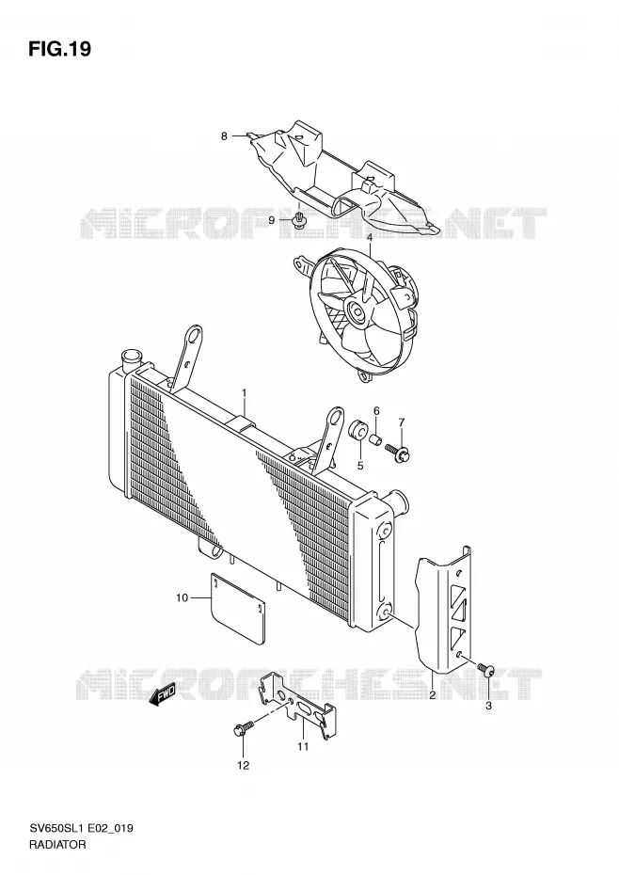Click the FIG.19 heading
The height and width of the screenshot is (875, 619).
(59, 50)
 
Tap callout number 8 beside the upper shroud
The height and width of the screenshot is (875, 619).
(224, 135)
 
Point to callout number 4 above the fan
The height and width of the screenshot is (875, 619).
(369, 238)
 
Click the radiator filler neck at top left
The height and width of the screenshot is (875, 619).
(133, 358)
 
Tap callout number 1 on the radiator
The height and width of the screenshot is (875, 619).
(244, 394)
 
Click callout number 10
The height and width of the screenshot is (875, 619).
(182, 598)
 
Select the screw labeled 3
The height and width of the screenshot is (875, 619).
(485, 669)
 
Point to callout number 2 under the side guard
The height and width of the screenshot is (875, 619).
(432, 695)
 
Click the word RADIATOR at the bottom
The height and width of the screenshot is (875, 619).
(58, 844)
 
